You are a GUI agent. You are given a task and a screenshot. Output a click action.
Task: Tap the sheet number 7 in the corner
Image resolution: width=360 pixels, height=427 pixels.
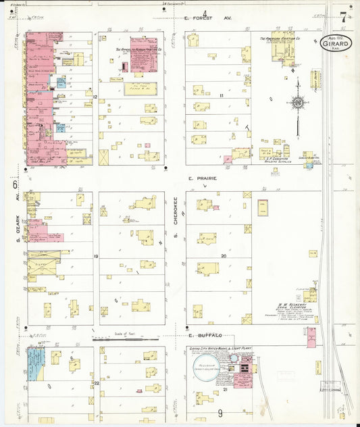(344, 16)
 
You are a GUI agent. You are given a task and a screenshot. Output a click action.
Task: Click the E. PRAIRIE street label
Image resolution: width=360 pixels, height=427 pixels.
(201, 178)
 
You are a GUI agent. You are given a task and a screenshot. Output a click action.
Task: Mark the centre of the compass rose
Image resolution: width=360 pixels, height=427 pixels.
(297, 103)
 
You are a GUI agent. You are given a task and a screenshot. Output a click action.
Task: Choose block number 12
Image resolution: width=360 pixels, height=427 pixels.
(96, 97)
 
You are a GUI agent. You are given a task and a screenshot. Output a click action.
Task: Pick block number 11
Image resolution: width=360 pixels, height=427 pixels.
(221, 96)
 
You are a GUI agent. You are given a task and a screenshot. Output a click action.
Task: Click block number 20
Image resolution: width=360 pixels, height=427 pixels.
(223, 256)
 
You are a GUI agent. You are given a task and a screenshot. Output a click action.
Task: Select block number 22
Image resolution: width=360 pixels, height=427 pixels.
(97, 383)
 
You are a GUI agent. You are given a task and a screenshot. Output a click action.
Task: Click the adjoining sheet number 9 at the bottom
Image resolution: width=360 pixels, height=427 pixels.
(220, 413)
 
